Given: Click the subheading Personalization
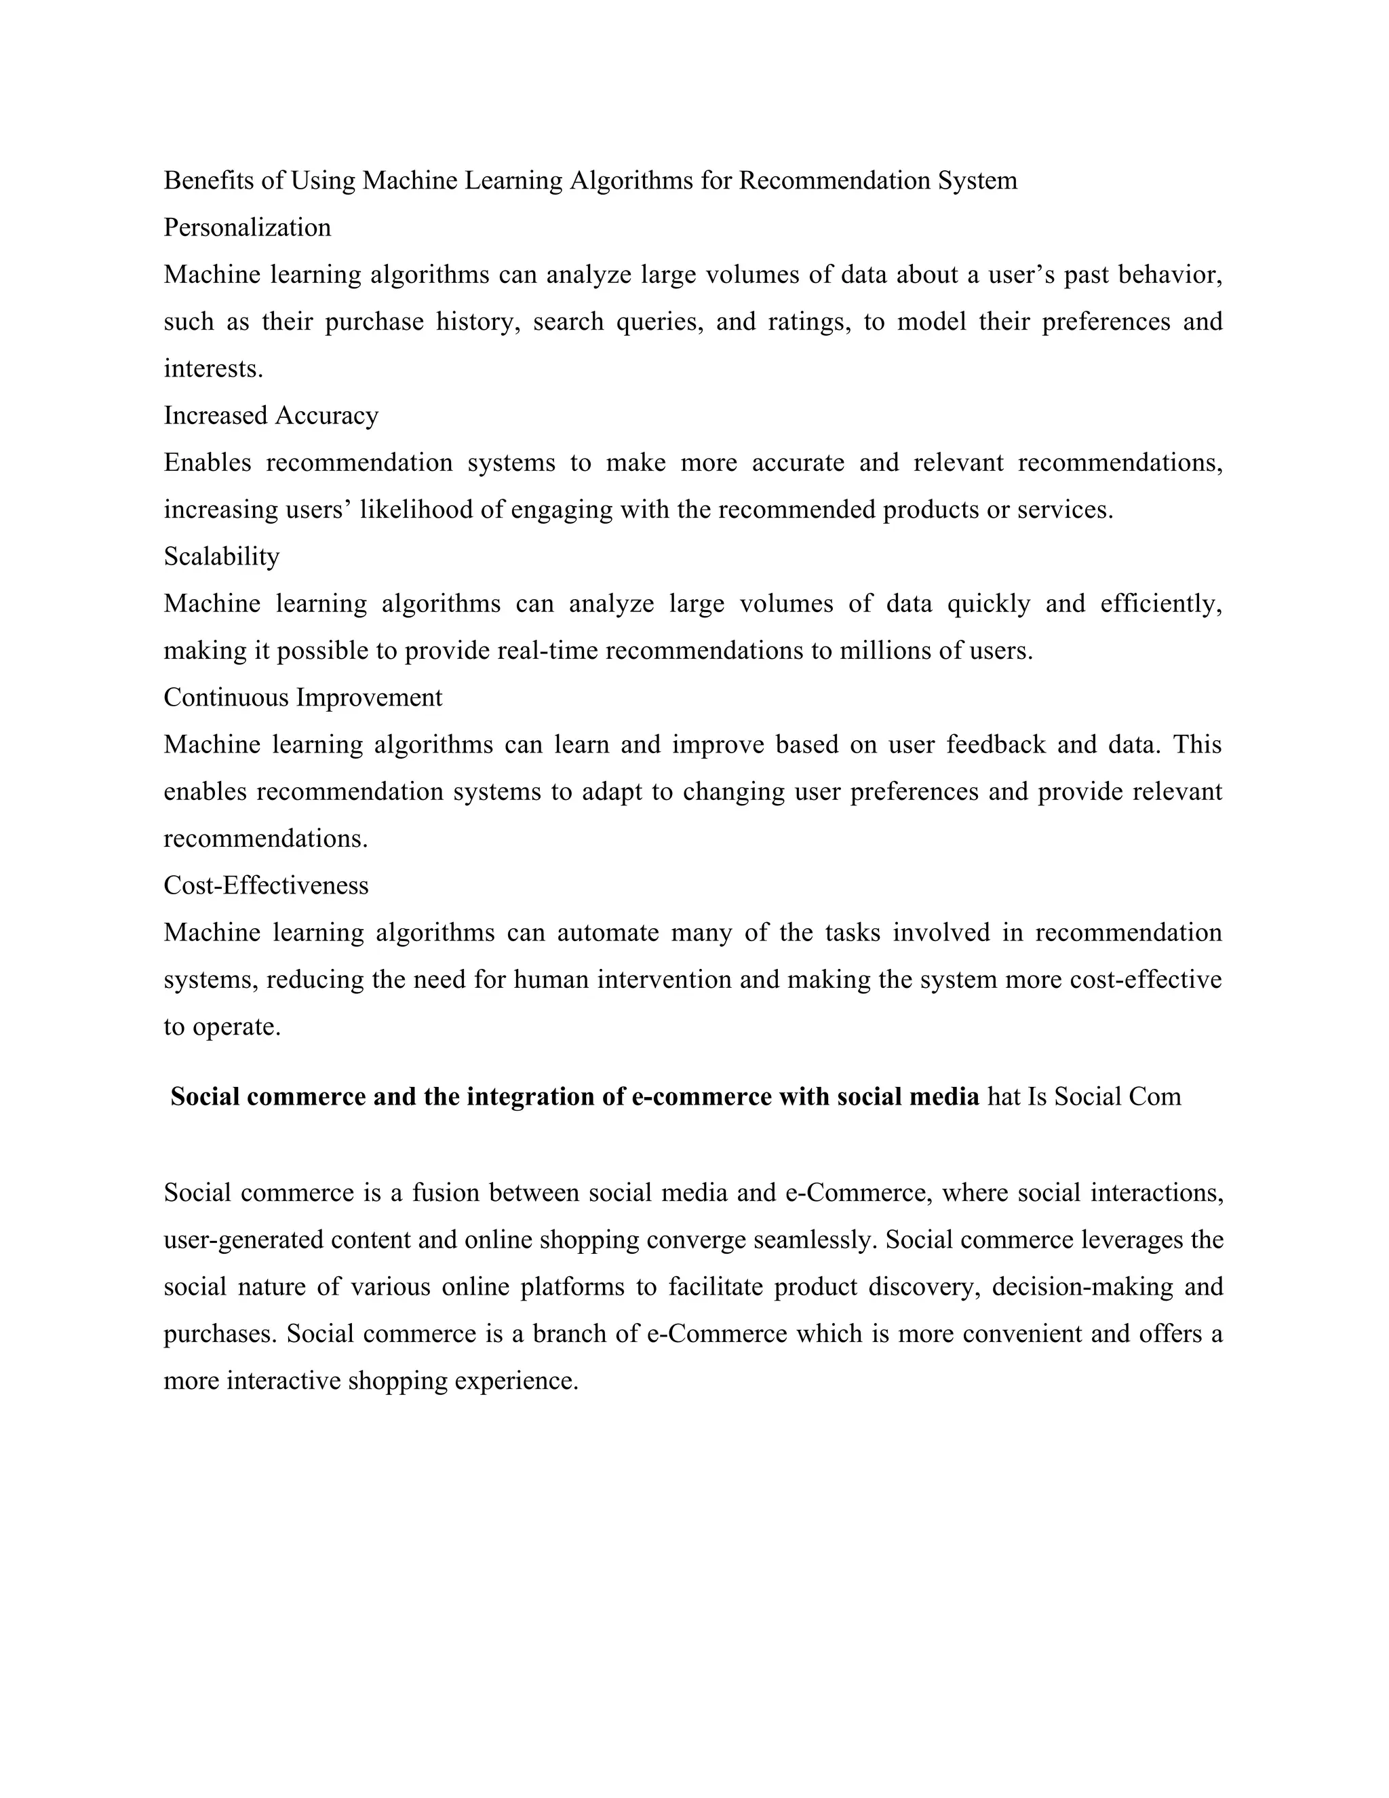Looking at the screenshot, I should (247, 227).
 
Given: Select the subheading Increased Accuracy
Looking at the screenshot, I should (271, 415).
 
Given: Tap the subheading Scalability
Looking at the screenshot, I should (221, 556).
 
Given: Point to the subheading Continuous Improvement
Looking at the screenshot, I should (302, 697).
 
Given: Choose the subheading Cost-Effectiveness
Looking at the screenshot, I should (266, 885).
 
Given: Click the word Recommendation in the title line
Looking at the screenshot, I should (834, 180).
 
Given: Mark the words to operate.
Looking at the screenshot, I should (222, 1027).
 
